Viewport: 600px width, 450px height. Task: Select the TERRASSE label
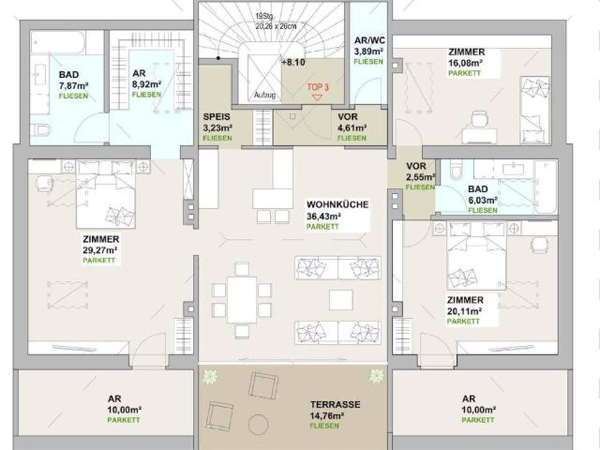[x=336, y=406]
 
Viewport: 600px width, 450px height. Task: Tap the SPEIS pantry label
[x=217, y=117]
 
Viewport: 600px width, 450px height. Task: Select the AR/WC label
[x=368, y=40]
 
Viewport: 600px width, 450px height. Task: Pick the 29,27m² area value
[x=99, y=250]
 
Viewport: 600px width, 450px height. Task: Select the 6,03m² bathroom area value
[x=483, y=200]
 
